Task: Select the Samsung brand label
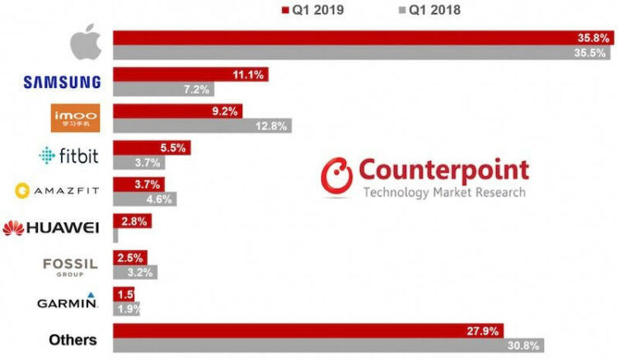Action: [62, 82]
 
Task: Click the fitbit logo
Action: [70, 155]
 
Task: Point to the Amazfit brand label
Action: [56, 191]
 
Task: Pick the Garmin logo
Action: [68, 302]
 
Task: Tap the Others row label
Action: [73, 339]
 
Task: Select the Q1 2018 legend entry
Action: [423, 11]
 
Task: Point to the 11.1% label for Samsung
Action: [248, 74]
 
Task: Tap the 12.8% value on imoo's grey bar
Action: [271, 125]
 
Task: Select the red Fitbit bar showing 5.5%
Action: [152, 148]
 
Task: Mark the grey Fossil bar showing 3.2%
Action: [135, 272]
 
